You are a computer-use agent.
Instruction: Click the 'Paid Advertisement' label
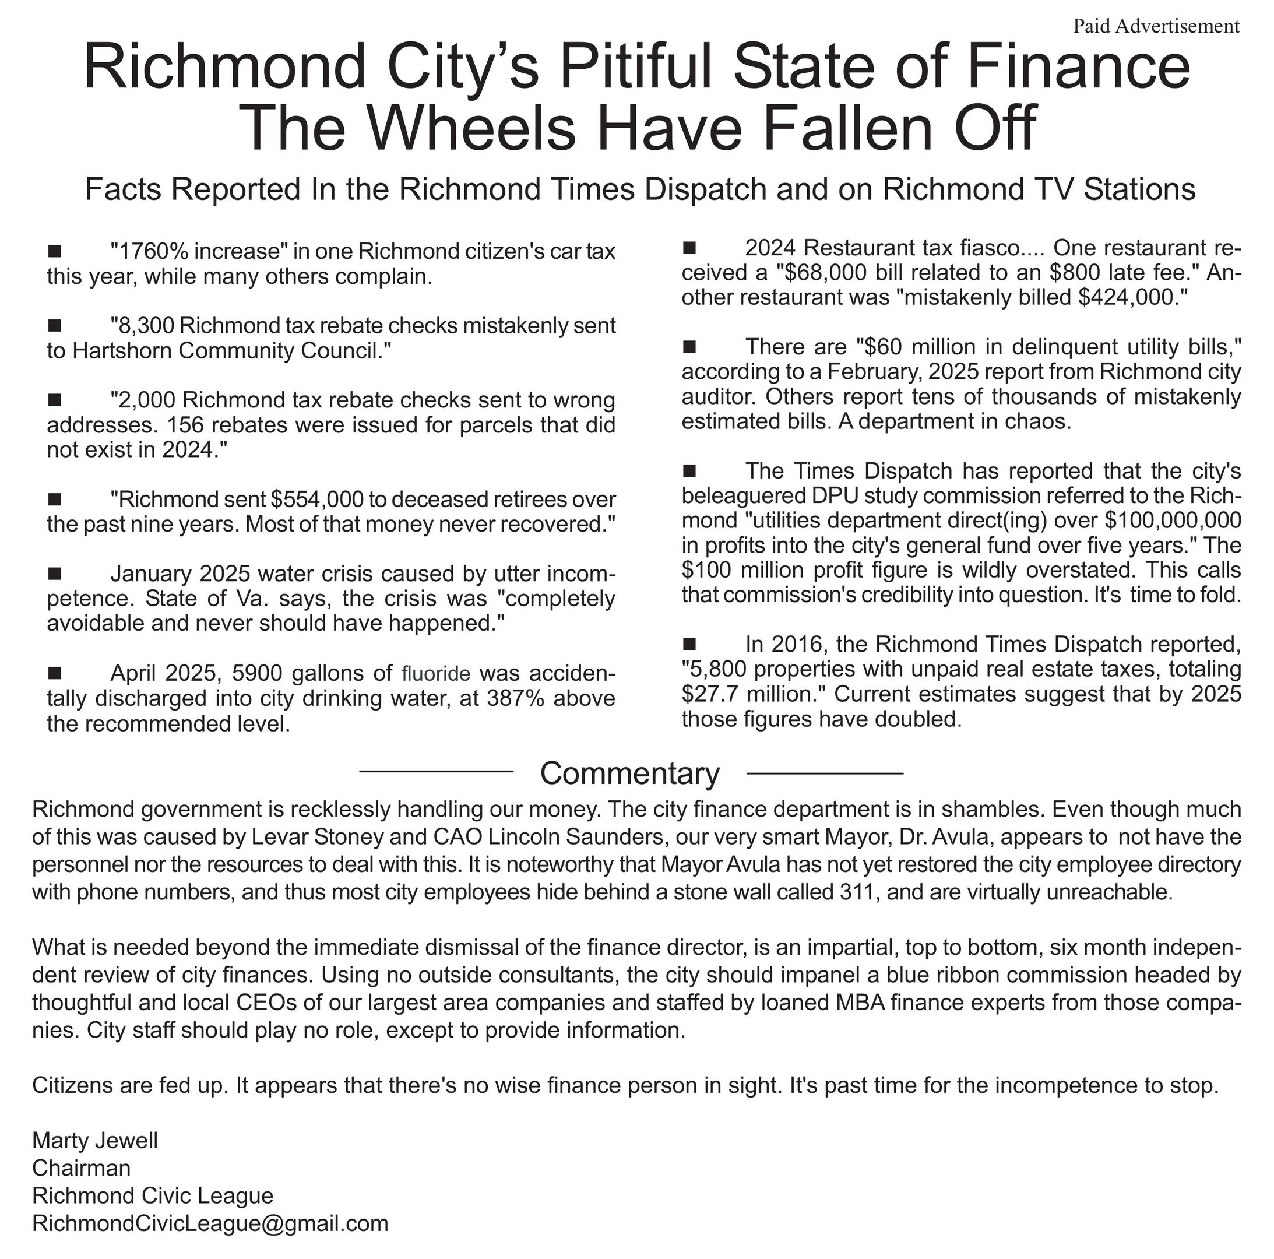[1156, 26]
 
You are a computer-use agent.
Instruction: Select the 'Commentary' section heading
[630, 773]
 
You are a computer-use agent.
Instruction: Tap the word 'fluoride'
[436, 673]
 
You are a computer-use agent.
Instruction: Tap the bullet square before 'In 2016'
[690, 643]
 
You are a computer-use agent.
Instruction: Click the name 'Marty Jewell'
[95, 1141]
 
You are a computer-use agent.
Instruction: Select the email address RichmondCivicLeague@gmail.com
[210, 1223]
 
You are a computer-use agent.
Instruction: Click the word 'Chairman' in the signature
[81, 1168]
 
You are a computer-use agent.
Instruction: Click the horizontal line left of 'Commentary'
[436, 771]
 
